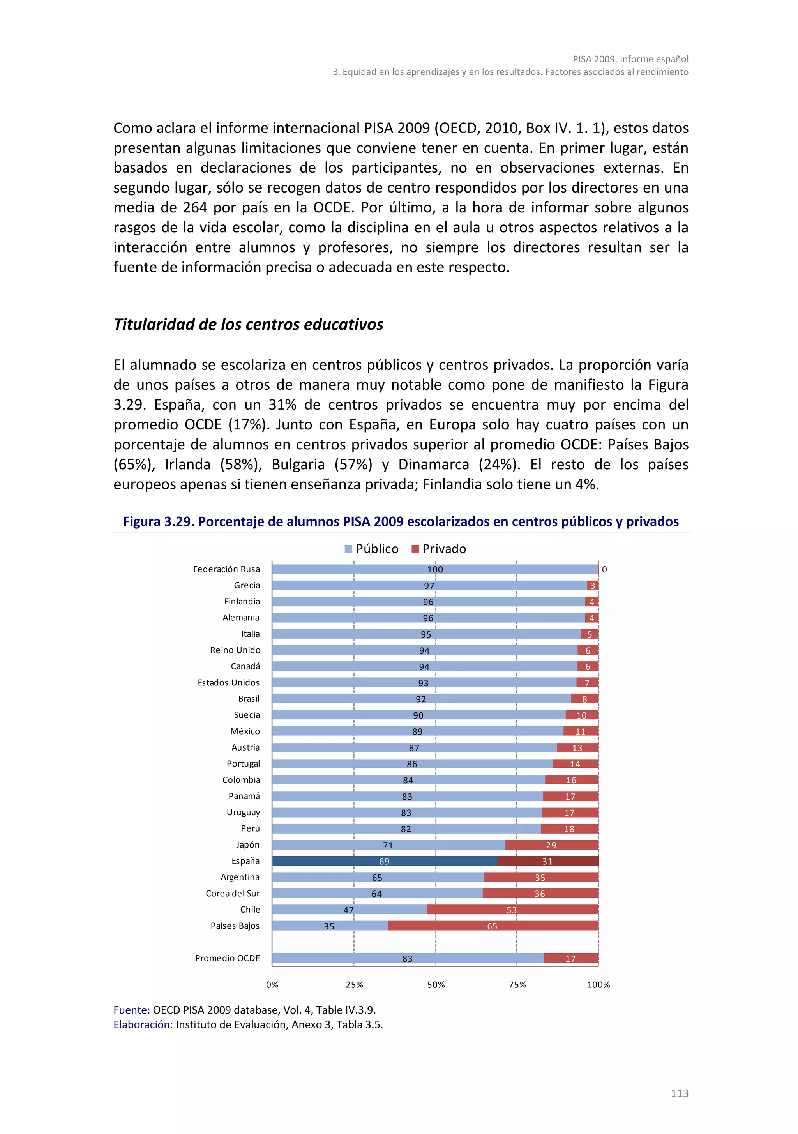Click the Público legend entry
point(371,549)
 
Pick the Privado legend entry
point(438,549)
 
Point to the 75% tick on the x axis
point(517,984)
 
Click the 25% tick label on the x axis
point(354,984)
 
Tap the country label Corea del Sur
point(233,893)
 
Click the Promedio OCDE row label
point(227,958)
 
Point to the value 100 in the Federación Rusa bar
point(435,569)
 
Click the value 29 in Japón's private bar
point(551,845)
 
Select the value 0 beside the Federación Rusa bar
point(604,569)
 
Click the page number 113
point(680,1093)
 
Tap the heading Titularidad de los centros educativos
point(248,325)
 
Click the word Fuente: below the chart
point(131,1010)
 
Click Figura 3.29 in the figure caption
point(158,521)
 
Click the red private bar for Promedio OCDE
point(571,958)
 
